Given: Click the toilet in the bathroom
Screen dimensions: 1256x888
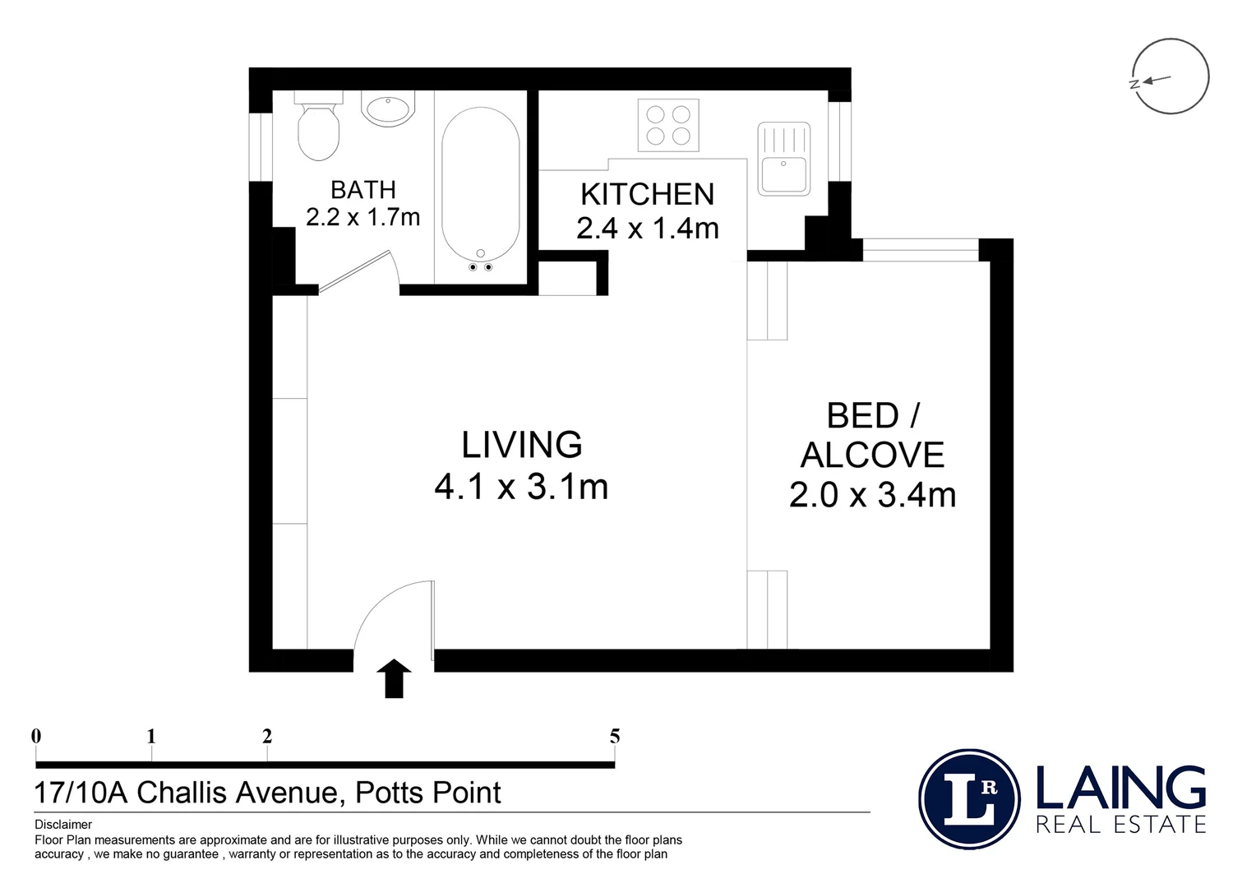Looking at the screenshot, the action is point(318,127).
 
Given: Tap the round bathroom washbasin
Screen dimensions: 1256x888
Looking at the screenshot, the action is point(388,108).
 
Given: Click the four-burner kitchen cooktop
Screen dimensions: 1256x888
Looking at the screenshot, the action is point(668,125).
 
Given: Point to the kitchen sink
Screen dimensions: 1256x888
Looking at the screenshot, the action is point(784,159).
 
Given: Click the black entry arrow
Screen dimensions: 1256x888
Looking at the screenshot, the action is point(395,678).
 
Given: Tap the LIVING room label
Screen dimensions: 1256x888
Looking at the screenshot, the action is point(522,445).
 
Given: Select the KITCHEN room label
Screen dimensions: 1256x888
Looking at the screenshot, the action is point(648,194).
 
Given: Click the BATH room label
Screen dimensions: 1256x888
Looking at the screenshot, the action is point(363,190).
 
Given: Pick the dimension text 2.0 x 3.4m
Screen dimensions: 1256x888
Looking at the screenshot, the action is point(872,495).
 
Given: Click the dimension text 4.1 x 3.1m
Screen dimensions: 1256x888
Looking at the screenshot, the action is point(521,487).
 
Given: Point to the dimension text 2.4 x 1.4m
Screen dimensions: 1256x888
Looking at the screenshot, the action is point(648,229).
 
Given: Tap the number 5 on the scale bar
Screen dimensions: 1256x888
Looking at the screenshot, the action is point(615,736).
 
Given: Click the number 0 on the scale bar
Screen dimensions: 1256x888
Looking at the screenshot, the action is point(36,736).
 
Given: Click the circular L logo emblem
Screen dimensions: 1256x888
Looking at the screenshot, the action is point(969,799).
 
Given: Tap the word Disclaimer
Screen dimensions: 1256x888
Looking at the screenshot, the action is point(63,825).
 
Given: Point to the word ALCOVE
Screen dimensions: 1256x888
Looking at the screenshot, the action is point(872,455).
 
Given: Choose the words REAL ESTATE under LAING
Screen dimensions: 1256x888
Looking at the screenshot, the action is point(1121,825).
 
